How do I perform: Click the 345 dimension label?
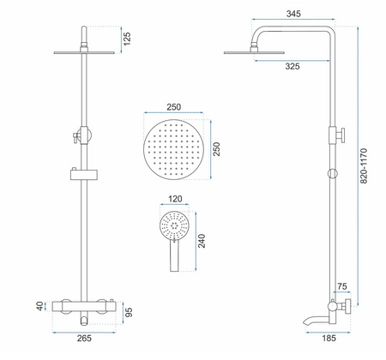293,14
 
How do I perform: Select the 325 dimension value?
293,66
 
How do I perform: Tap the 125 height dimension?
127,39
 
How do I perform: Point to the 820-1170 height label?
364,165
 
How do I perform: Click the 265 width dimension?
84,339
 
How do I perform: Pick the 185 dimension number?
329,339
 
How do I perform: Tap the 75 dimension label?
342,286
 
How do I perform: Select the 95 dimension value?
129,312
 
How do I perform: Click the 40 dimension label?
40,306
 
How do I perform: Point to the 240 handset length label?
202,241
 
